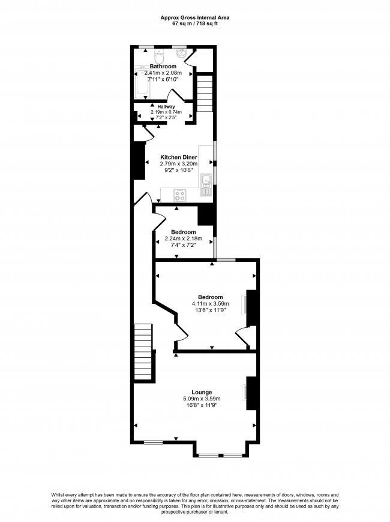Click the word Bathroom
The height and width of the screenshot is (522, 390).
163,66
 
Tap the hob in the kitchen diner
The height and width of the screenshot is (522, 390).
180,195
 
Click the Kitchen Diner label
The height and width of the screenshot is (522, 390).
178,157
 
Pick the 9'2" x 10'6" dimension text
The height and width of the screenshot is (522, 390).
178,170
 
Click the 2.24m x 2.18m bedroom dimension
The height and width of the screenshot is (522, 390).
183,239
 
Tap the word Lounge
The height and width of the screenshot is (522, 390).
202,392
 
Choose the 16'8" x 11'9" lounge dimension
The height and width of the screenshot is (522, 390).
202,405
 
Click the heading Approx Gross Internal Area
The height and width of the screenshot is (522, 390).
194,18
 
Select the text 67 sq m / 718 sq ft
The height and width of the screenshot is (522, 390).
194,25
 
